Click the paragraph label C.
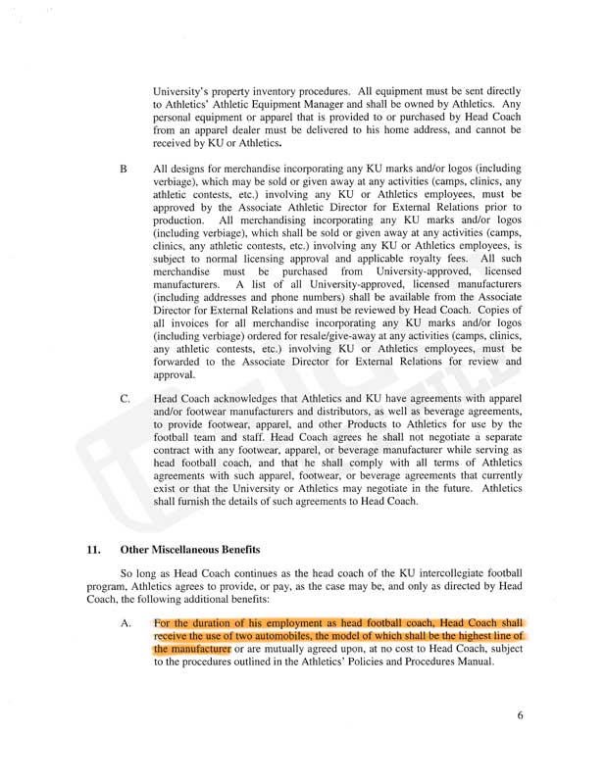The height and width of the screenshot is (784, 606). click(x=125, y=399)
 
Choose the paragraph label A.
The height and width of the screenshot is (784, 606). click(x=125, y=621)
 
